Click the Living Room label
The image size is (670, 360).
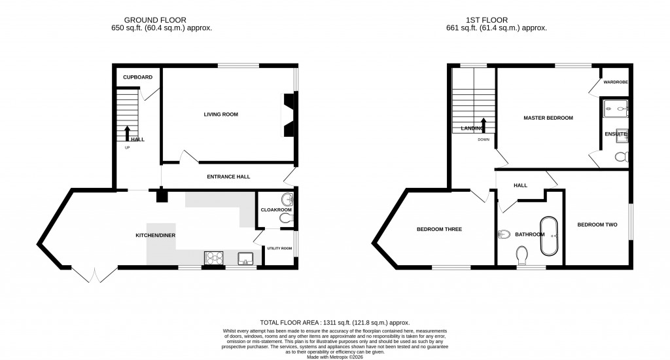pyautogui.click(x=220, y=114)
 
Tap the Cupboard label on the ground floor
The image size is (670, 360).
pyautogui.click(x=138, y=77)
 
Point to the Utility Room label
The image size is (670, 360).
pyautogui.click(x=279, y=248)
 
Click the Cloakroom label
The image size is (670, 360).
pyautogui.click(x=275, y=210)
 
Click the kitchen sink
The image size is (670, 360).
pyautogui.click(x=247, y=259)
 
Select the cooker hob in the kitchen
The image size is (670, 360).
pyautogui.click(x=214, y=259)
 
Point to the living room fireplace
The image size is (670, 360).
pyautogui.click(x=289, y=115)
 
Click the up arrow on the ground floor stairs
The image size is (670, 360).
pyautogui.click(x=128, y=133)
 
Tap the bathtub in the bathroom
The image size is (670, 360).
pyautogui.click(x=548, y=235)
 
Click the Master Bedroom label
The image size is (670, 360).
pyautogui.click(x=548, y=118)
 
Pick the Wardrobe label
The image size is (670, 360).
pyautogui.click(x=615, y=82)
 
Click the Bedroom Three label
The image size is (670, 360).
pyautogui.click(x=440, y=229)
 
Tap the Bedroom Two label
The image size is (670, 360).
pyautogui.click(x=597, y=225)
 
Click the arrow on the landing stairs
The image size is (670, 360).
pyautogui.click(x=484, y=125)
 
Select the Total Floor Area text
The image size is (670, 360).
pyautogui.click(x=334, y=323)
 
